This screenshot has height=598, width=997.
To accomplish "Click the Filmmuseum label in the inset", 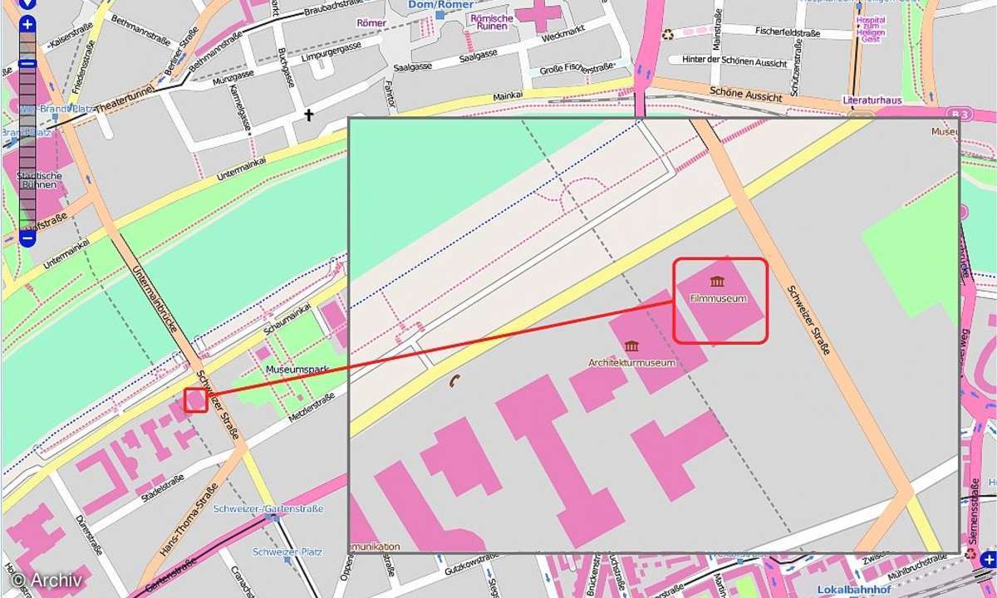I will tap(717, 298).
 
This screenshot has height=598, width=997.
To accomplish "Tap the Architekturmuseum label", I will tap(631, 363).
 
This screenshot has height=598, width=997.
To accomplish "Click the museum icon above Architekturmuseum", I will tap(631, 346).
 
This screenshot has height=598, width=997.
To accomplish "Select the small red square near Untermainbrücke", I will tap(196, 400).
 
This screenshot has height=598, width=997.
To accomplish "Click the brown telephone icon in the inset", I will tap(454, 380).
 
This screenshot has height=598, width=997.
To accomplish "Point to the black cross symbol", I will tap(309, 115).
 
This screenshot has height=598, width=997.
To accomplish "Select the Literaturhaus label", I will tap(872, 100).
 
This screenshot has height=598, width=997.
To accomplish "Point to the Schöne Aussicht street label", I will tap(746, 93).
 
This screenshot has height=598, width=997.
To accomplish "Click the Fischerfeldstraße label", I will tap(788, 33).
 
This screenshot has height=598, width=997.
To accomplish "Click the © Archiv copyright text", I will tap(47, 581).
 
